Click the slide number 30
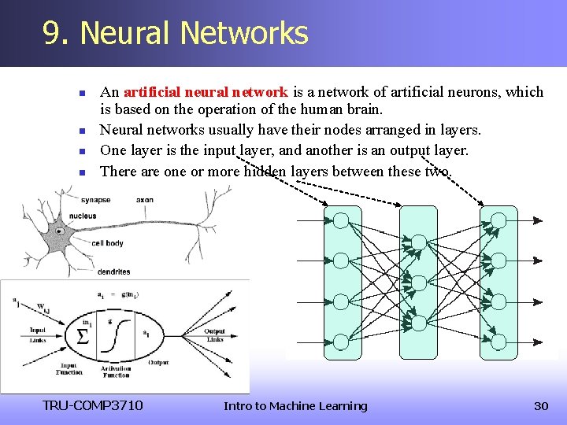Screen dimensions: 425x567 (x=541, y=406)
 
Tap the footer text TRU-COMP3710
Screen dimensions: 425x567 (x=93, y=406)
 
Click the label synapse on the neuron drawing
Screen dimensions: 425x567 (x=94, y=200)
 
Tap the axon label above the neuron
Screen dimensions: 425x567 (x=145, y=200)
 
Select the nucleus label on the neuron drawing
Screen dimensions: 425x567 (x=83, y=216)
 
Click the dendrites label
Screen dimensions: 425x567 (x=114, y=272)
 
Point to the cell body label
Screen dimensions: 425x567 (x=107, y=243)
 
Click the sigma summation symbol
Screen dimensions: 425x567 (x=81, y=337)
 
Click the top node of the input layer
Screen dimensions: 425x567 (x=341, y=220)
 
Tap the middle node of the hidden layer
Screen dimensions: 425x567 (x=419, y=281)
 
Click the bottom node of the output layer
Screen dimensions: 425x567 (x=498, y=342)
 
